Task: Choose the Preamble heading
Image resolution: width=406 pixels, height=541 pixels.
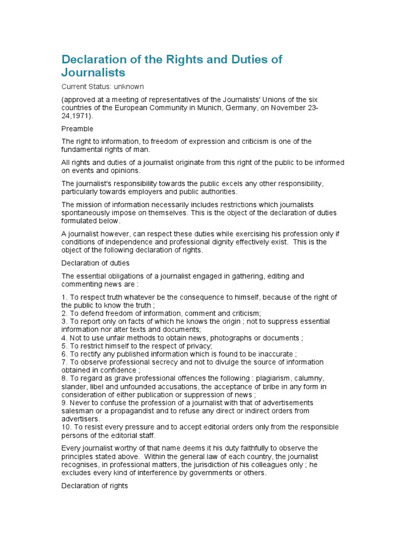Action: point(77,129)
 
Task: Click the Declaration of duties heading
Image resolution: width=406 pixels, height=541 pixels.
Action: point(96,263)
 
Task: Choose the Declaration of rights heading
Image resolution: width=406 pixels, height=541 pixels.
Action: point(95,485)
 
